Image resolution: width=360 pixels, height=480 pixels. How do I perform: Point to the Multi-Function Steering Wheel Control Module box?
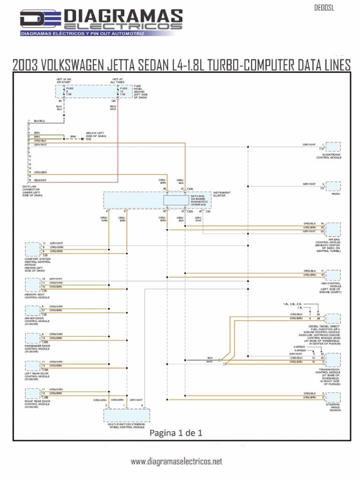127,415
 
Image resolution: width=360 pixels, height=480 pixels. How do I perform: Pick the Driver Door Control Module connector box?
33,310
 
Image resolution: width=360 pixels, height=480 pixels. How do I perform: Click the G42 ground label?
89,139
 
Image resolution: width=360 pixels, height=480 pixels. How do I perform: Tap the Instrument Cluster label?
222,194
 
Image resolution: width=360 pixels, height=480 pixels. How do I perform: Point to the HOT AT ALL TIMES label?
118,81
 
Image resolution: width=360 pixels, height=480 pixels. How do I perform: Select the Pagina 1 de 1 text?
176,433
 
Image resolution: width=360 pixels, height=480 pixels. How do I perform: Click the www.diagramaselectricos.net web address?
176,462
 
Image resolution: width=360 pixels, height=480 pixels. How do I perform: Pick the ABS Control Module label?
331,287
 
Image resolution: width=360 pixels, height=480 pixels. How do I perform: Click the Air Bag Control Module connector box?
333,229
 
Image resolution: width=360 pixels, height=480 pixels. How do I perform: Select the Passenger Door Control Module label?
37,349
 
